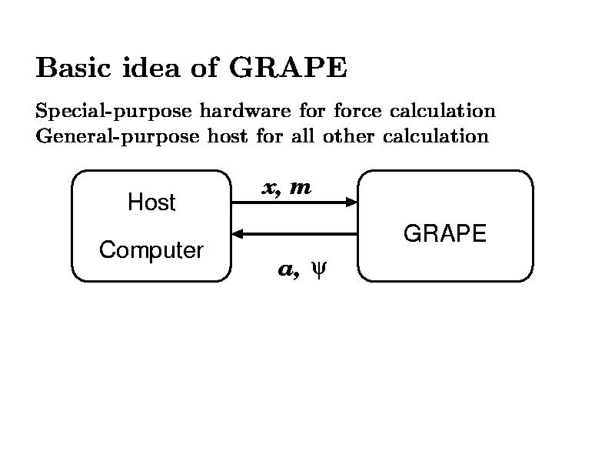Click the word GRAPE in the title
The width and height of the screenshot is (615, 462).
click(x=288, y=67)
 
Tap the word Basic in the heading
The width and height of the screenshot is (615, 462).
click(x=73, y=67)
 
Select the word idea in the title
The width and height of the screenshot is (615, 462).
click(x=151, y=67)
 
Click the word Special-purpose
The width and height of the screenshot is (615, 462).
click(x=114, y=111)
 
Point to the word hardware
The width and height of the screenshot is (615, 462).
click(x=245, y=110)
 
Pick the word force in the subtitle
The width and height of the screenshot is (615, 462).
click(x=357, y=110)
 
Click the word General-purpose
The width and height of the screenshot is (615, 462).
click(x=118, y=137)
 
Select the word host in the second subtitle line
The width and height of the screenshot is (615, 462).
click(x=228, y=136)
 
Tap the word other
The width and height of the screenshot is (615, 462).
click(x=348, y=136)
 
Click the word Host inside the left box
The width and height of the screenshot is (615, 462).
click(x=151, y=203)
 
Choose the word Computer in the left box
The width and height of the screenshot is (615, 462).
click(x=151, y=250)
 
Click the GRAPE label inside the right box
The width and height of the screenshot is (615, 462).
click(x=445, y=233)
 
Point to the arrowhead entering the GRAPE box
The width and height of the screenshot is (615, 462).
click(x=351, y=203)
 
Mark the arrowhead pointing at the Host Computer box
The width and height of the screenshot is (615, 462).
click(x=238, y=234)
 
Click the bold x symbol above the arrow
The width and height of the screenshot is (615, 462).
click(x=270, y=189)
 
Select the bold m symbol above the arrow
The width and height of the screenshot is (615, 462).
click(x=301, y=188)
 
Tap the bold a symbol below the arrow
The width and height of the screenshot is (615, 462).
click(x=287, y=269)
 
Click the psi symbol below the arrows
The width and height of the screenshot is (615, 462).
click(x=318, y=269)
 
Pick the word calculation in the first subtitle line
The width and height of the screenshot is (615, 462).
click(x=443, y=110)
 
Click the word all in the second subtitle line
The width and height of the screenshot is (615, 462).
click(x=303, y=136)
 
